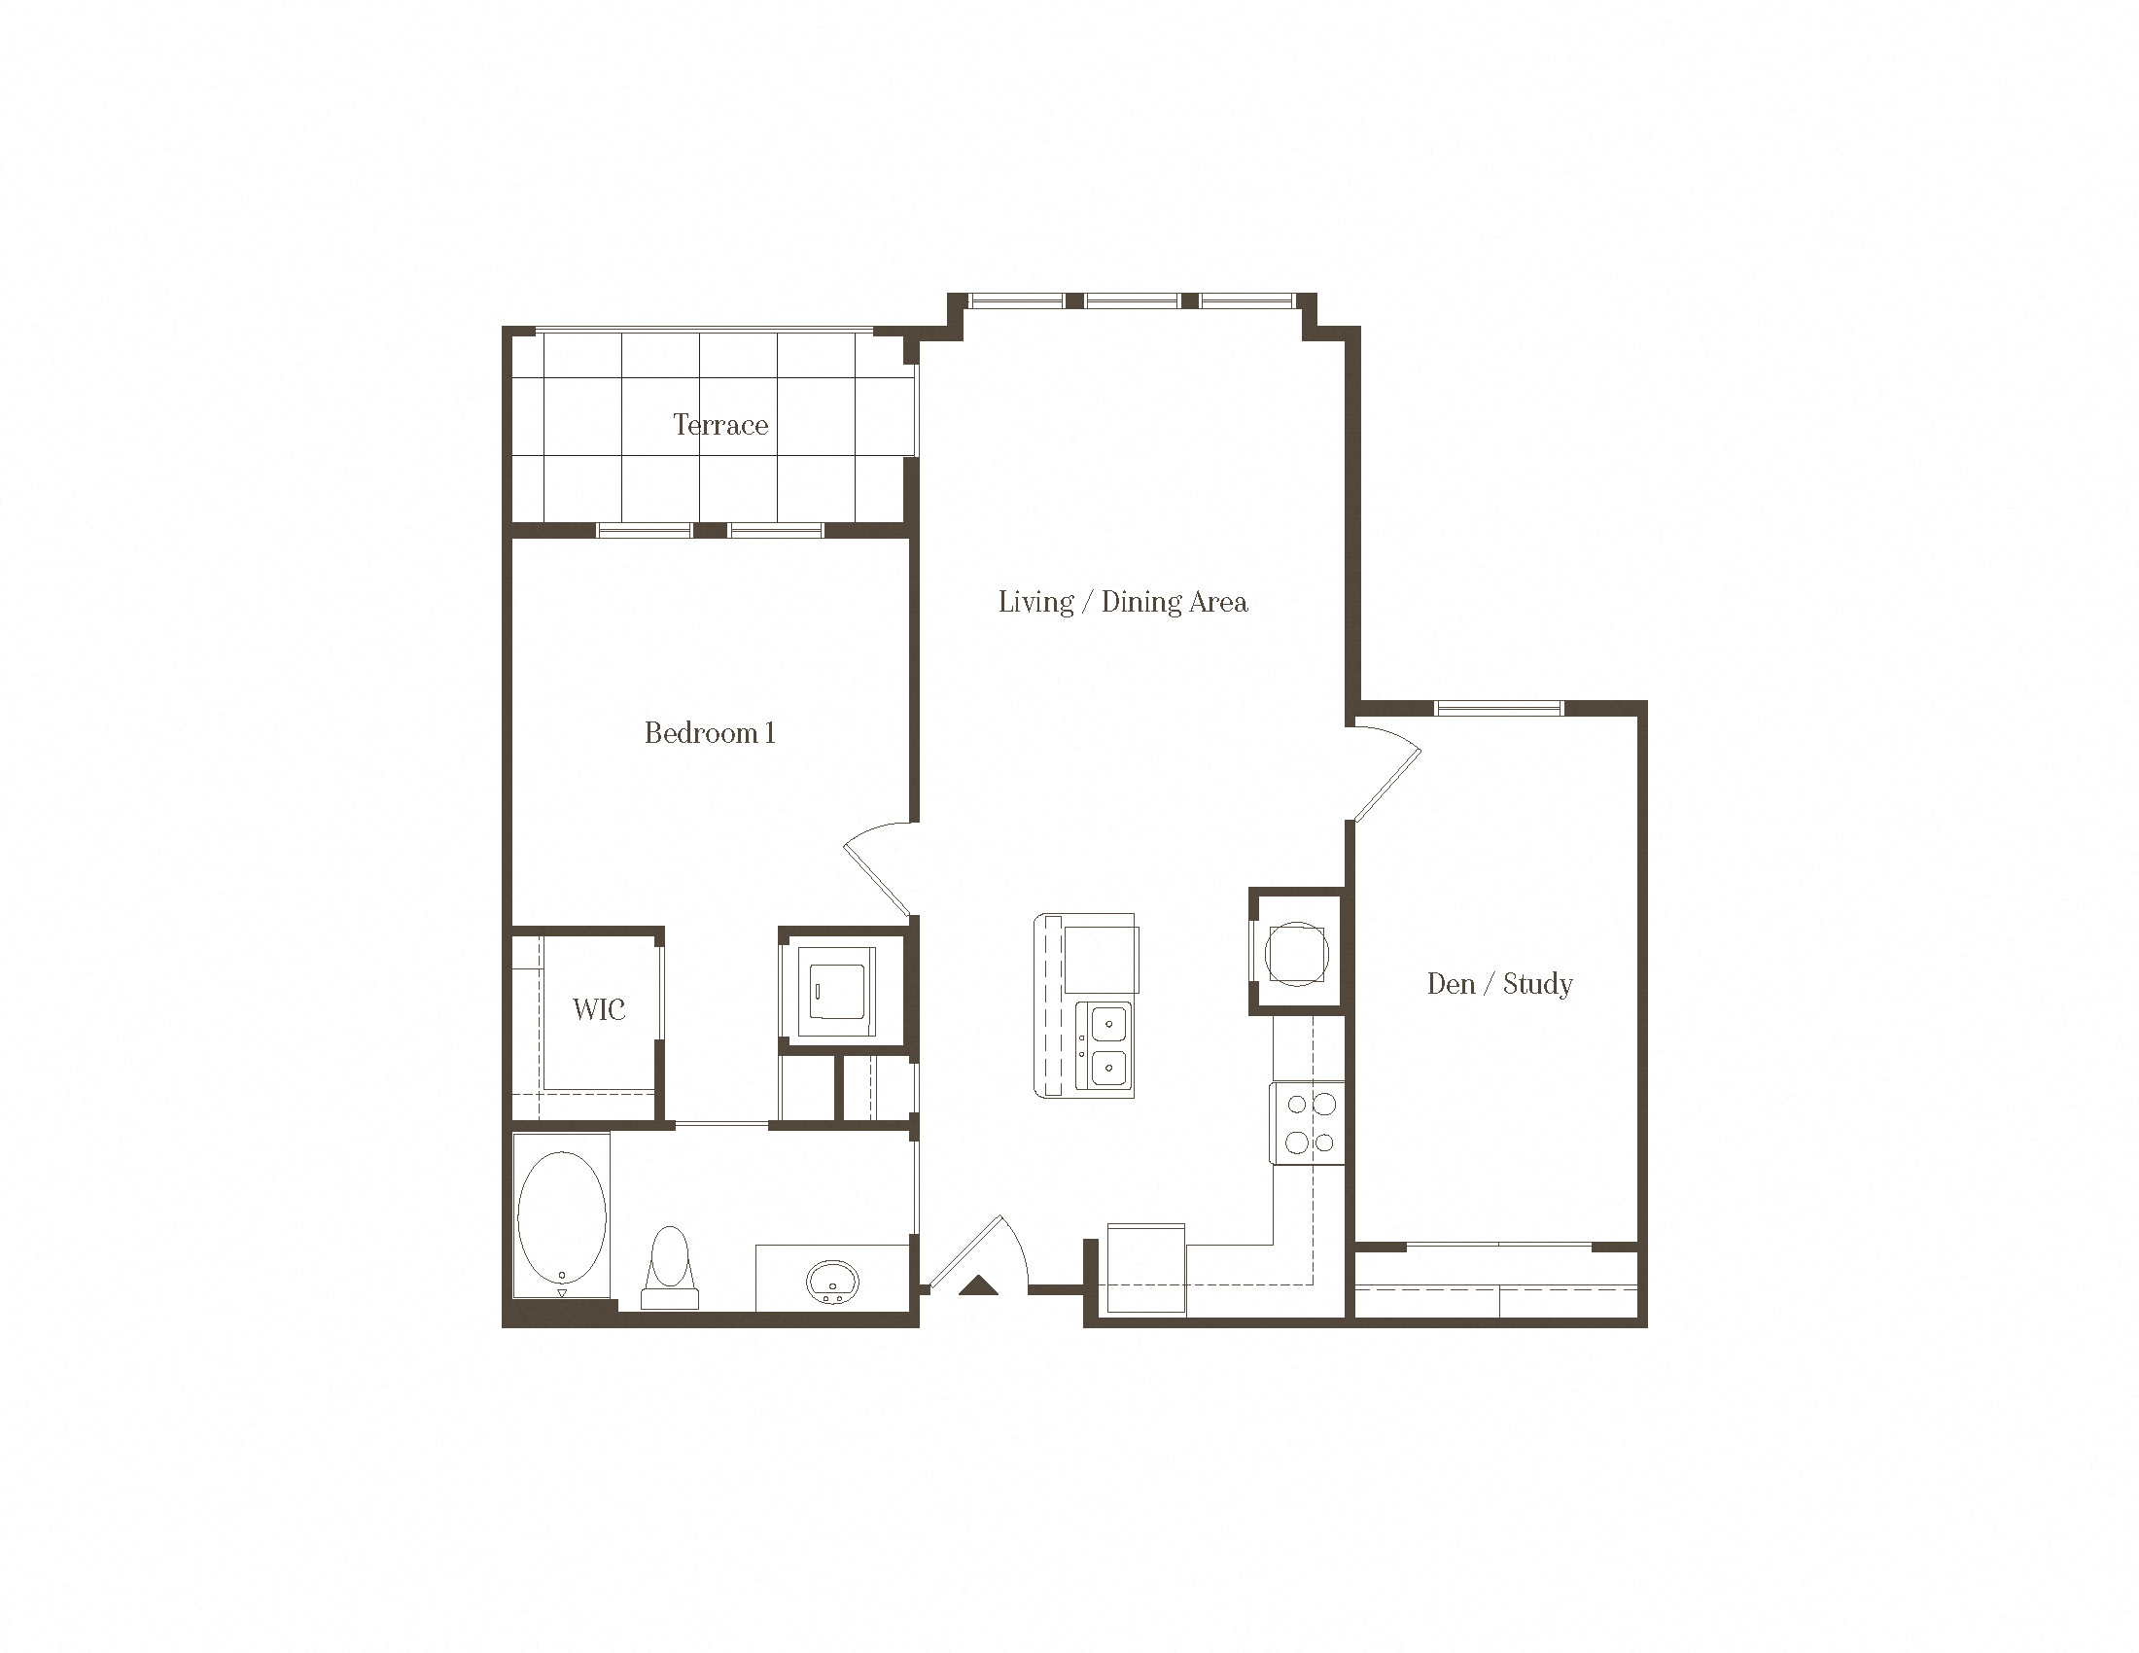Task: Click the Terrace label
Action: tap(720, 425)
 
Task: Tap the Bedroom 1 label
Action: tap(710, 732)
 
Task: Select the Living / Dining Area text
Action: tap(1123, 602)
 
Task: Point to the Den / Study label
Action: tap(1499, 983)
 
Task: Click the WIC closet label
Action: tap(598, 1009)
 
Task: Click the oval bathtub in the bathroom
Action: tap(561, 1217)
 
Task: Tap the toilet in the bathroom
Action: tap(670, 1267)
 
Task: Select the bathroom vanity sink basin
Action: tap(832, 1281)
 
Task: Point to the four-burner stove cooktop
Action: tap(1309, 1123)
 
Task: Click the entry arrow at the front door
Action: tap(977, 1285)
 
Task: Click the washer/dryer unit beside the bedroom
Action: tap(836, 991)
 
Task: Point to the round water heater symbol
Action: tap(1296, 953)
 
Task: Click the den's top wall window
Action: tap(1498, 708)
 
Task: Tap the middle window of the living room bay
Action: tap(1132, 300)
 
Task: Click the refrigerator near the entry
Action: tap(1146, 1267)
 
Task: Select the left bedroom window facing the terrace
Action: tap(645, 531)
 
